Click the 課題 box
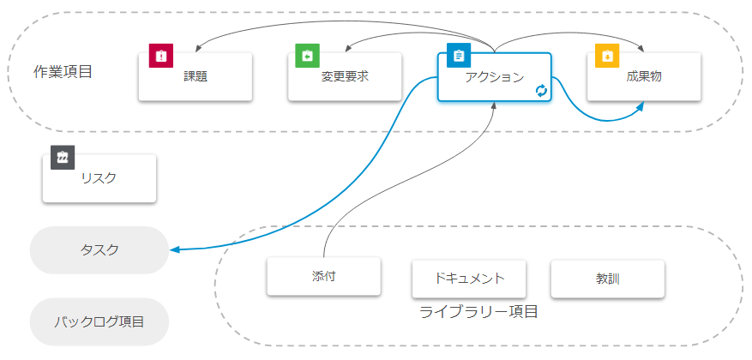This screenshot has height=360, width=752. (196, 77)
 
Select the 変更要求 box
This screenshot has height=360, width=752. (345, 77)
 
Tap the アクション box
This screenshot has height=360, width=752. (494, 77)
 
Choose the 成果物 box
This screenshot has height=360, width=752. (644, 77)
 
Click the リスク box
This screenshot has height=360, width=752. (99, 178)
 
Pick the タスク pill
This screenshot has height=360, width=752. (99, 250)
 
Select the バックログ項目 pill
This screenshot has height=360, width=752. (99, 322)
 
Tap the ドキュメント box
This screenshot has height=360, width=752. (469, 278)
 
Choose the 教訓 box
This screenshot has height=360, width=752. (608, 278)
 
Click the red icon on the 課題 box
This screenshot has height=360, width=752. (160, 56)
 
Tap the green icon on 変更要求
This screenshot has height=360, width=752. (307, 56)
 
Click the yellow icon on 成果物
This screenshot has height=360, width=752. (607, 56)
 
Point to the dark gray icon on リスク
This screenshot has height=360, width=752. (63, 158)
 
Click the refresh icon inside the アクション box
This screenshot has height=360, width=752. (541, 91)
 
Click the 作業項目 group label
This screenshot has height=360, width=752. (63, 71)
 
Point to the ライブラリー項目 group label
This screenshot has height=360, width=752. (478, 312)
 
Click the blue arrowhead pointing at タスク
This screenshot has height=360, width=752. (174, 250)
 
